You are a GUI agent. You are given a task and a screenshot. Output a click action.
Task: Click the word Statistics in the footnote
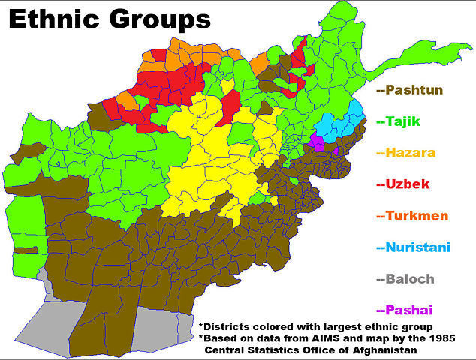275,350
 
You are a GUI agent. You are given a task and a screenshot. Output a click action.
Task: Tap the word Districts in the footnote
229,326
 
